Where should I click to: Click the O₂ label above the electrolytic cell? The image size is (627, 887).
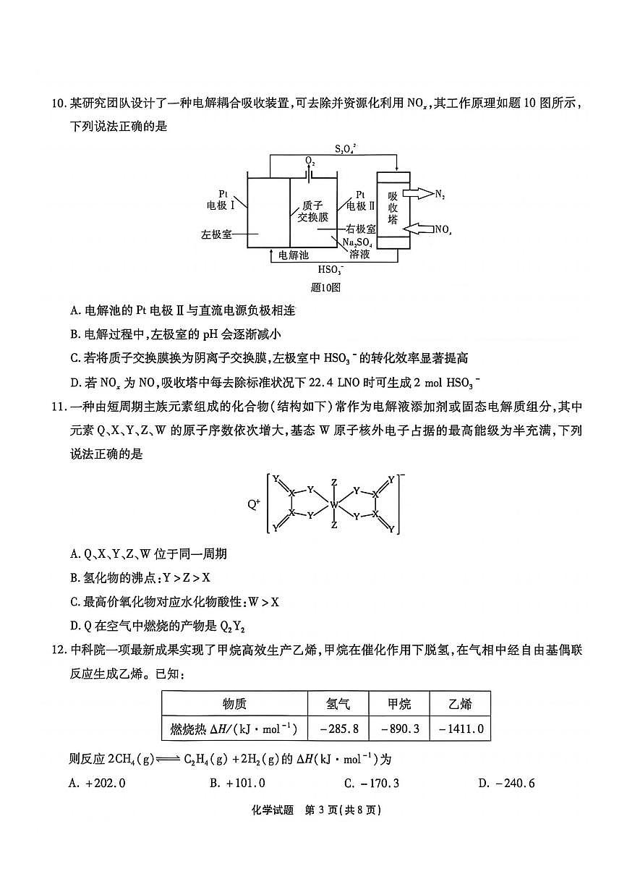pyautogui.click(x=310, y=161)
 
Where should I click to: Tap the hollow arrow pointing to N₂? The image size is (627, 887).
pyautogui.click(x=417, y=193)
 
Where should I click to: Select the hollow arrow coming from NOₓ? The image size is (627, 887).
pyautogui.click(x=419, y=229)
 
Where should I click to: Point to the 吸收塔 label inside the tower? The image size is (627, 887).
pyautogui.click(x=393, y=207)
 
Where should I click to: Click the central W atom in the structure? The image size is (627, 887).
pyautogui.click(x=333, y=504)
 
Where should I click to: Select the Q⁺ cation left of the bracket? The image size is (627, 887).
pyautogui.click(x=253, y=504)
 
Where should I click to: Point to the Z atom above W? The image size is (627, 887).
pyautogui.click(x=333, y=482)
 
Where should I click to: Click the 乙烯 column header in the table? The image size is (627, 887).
pyautogui.click(x=460, y=704)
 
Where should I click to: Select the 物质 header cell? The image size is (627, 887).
pyautogui.click(x=234, y=704)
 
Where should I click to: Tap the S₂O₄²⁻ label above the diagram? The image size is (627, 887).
pyautogui.click(x=346, y=149)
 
